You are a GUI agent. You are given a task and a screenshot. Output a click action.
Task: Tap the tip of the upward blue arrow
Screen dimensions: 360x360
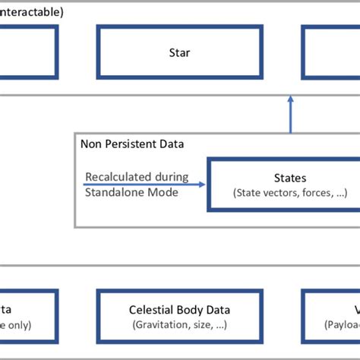point(290,96)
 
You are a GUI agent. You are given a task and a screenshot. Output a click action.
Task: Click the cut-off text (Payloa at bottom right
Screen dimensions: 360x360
point(342,324)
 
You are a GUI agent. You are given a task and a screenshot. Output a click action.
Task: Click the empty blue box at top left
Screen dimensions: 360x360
point(28,53)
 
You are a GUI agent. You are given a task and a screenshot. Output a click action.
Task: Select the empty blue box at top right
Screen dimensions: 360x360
point(331,53)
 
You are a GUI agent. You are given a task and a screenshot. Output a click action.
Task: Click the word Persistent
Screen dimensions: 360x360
point(122,144)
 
